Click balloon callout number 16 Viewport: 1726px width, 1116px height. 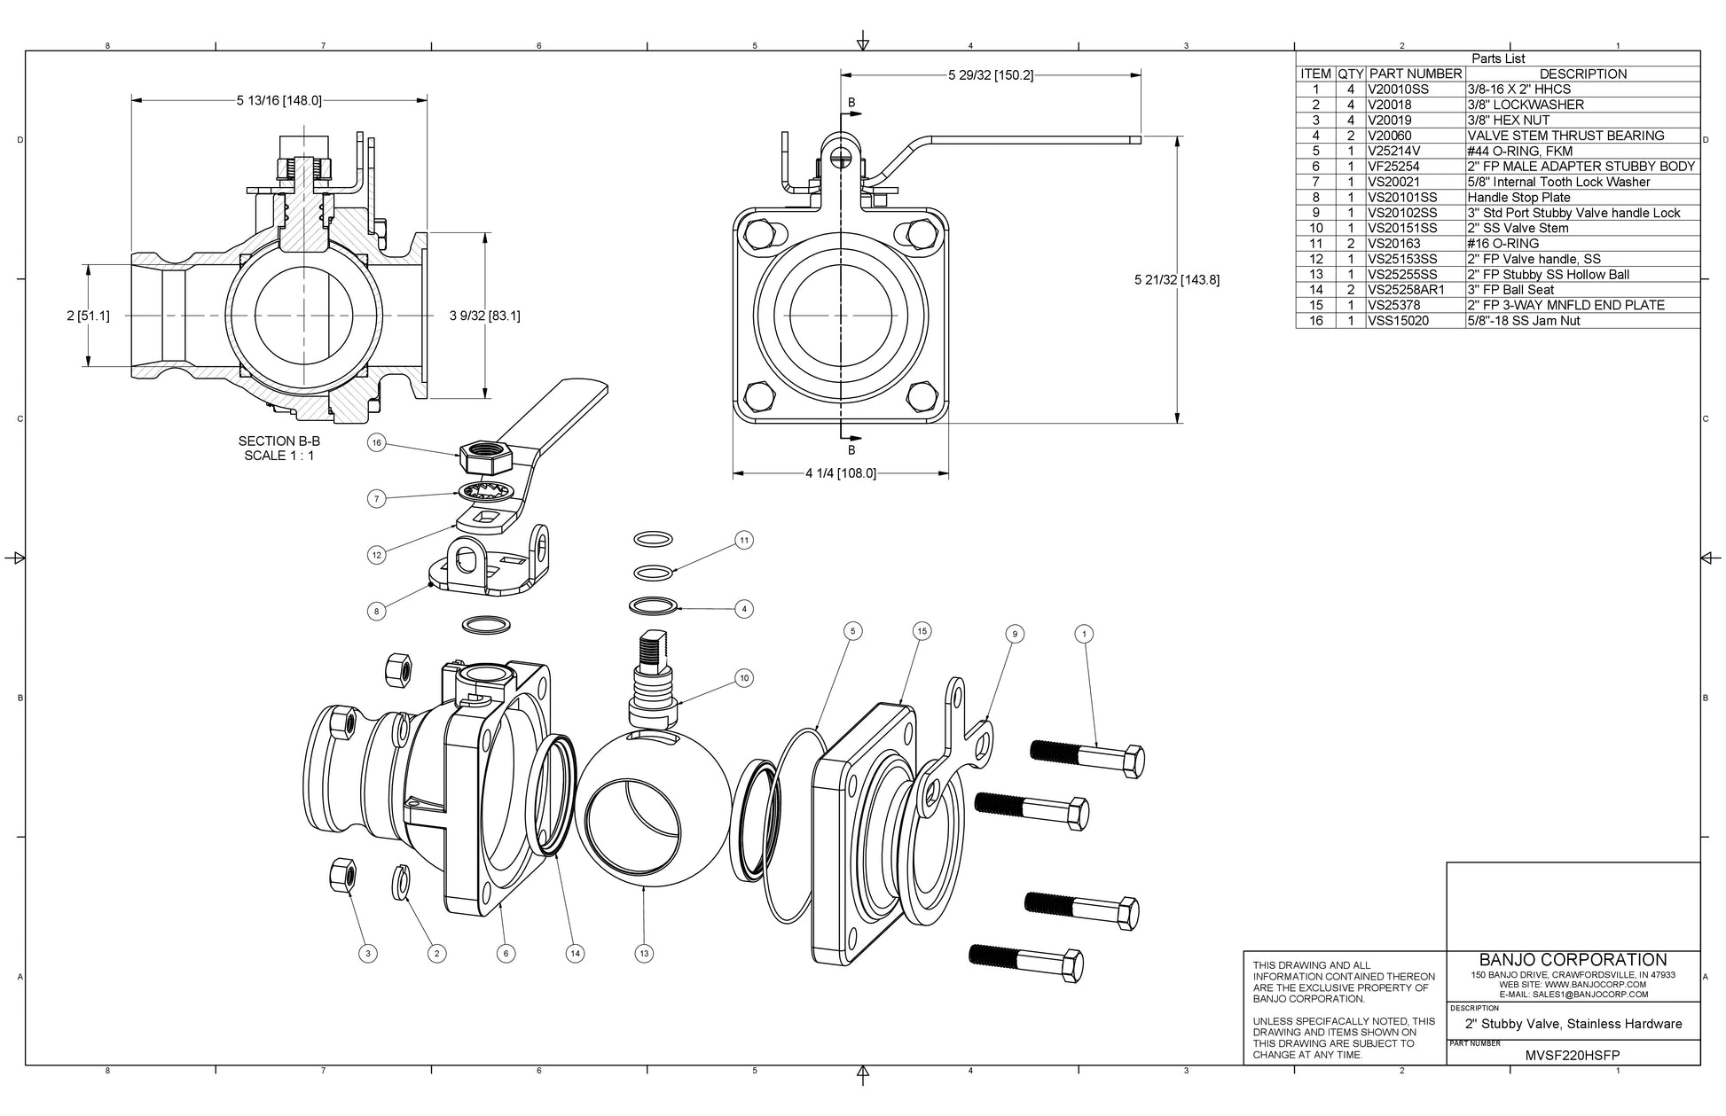pyautogui.click(x=377, y=443)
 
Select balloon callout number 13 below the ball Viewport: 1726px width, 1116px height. pyautogui.click(x=644, y=954)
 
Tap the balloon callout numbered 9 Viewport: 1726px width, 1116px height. pyautogui.click(x=1015, y=634)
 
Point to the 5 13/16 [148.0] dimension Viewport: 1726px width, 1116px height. pyautogui.click(x=279, y=100)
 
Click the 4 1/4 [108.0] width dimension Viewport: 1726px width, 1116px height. pyautogui.click(x=840, y=473)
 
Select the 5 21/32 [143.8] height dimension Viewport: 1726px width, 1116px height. pyautogui.click(x=1177, y=280)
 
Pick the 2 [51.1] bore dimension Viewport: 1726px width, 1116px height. pyautogui.click(x=89, y=316)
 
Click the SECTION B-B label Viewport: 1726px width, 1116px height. pyautogui.click(x=279, y=441)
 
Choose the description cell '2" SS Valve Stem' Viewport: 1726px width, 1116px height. pyautogui.click(x=1518, y=228)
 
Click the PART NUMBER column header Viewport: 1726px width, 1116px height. pyautogui.click(x=1415, y=74)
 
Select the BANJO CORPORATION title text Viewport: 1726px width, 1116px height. pyautogui.click(x=1573, y=960)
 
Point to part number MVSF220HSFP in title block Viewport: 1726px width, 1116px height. pyautogui.click(x=1572, y=1056)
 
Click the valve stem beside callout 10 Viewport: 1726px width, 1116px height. pyautogui.click(x=653, y=678)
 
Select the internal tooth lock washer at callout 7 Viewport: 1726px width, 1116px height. pyautogui.click(x=482, y=491)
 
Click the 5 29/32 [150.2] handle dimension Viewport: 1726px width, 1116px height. pyautogui.click(x=990, y=75)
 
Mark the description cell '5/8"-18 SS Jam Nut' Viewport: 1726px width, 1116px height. pyautogui.click(x=1523, y=320)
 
